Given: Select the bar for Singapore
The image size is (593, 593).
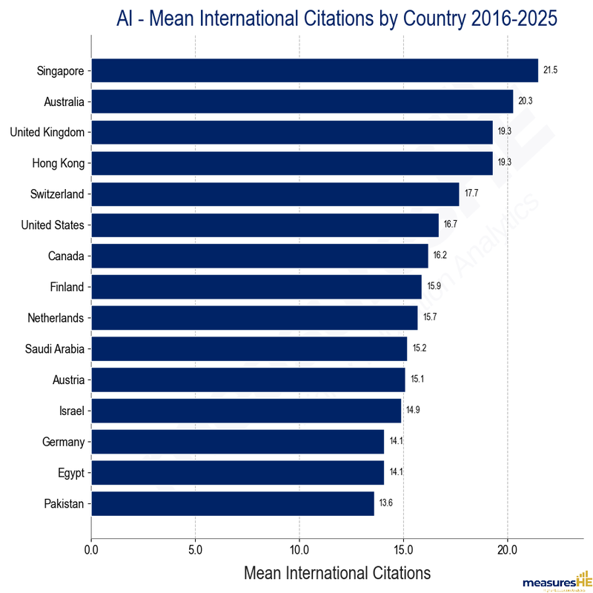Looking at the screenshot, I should click(314, 70).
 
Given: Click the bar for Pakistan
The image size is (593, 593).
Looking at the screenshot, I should click(232, 503).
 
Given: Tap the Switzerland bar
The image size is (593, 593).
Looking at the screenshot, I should click(275, 194).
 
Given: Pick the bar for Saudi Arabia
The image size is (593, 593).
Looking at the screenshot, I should click(249, 348).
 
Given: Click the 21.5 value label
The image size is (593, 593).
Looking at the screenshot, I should click(550, 70).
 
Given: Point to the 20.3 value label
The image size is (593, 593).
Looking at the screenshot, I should click(525, 102).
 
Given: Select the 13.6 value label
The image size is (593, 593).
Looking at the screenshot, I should click(385, 503).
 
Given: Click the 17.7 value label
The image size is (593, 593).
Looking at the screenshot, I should click(471, 194).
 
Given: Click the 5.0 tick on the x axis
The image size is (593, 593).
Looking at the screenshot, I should click(195, 551).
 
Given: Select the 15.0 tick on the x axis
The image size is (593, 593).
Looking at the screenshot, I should click(403, 551).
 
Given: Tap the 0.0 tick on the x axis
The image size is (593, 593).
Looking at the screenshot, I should click(91, 551).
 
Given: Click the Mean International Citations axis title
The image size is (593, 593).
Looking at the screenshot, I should click(337, 573).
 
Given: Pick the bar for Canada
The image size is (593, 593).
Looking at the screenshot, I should click(259, 256).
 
